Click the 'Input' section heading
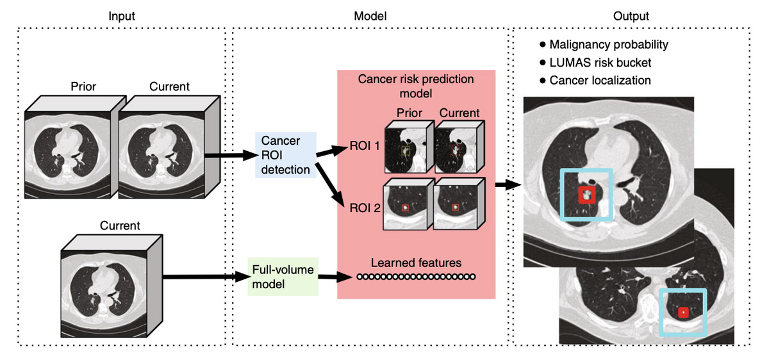121,16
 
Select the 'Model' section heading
371,16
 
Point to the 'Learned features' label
416,262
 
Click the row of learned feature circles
416,277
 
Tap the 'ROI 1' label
364,146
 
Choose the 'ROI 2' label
364,208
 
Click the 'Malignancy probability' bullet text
609,45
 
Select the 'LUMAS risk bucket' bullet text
600,63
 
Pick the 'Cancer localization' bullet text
600,81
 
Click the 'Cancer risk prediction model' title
416,86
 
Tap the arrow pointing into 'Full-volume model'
205,277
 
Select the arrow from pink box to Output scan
508,185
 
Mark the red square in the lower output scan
684,312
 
